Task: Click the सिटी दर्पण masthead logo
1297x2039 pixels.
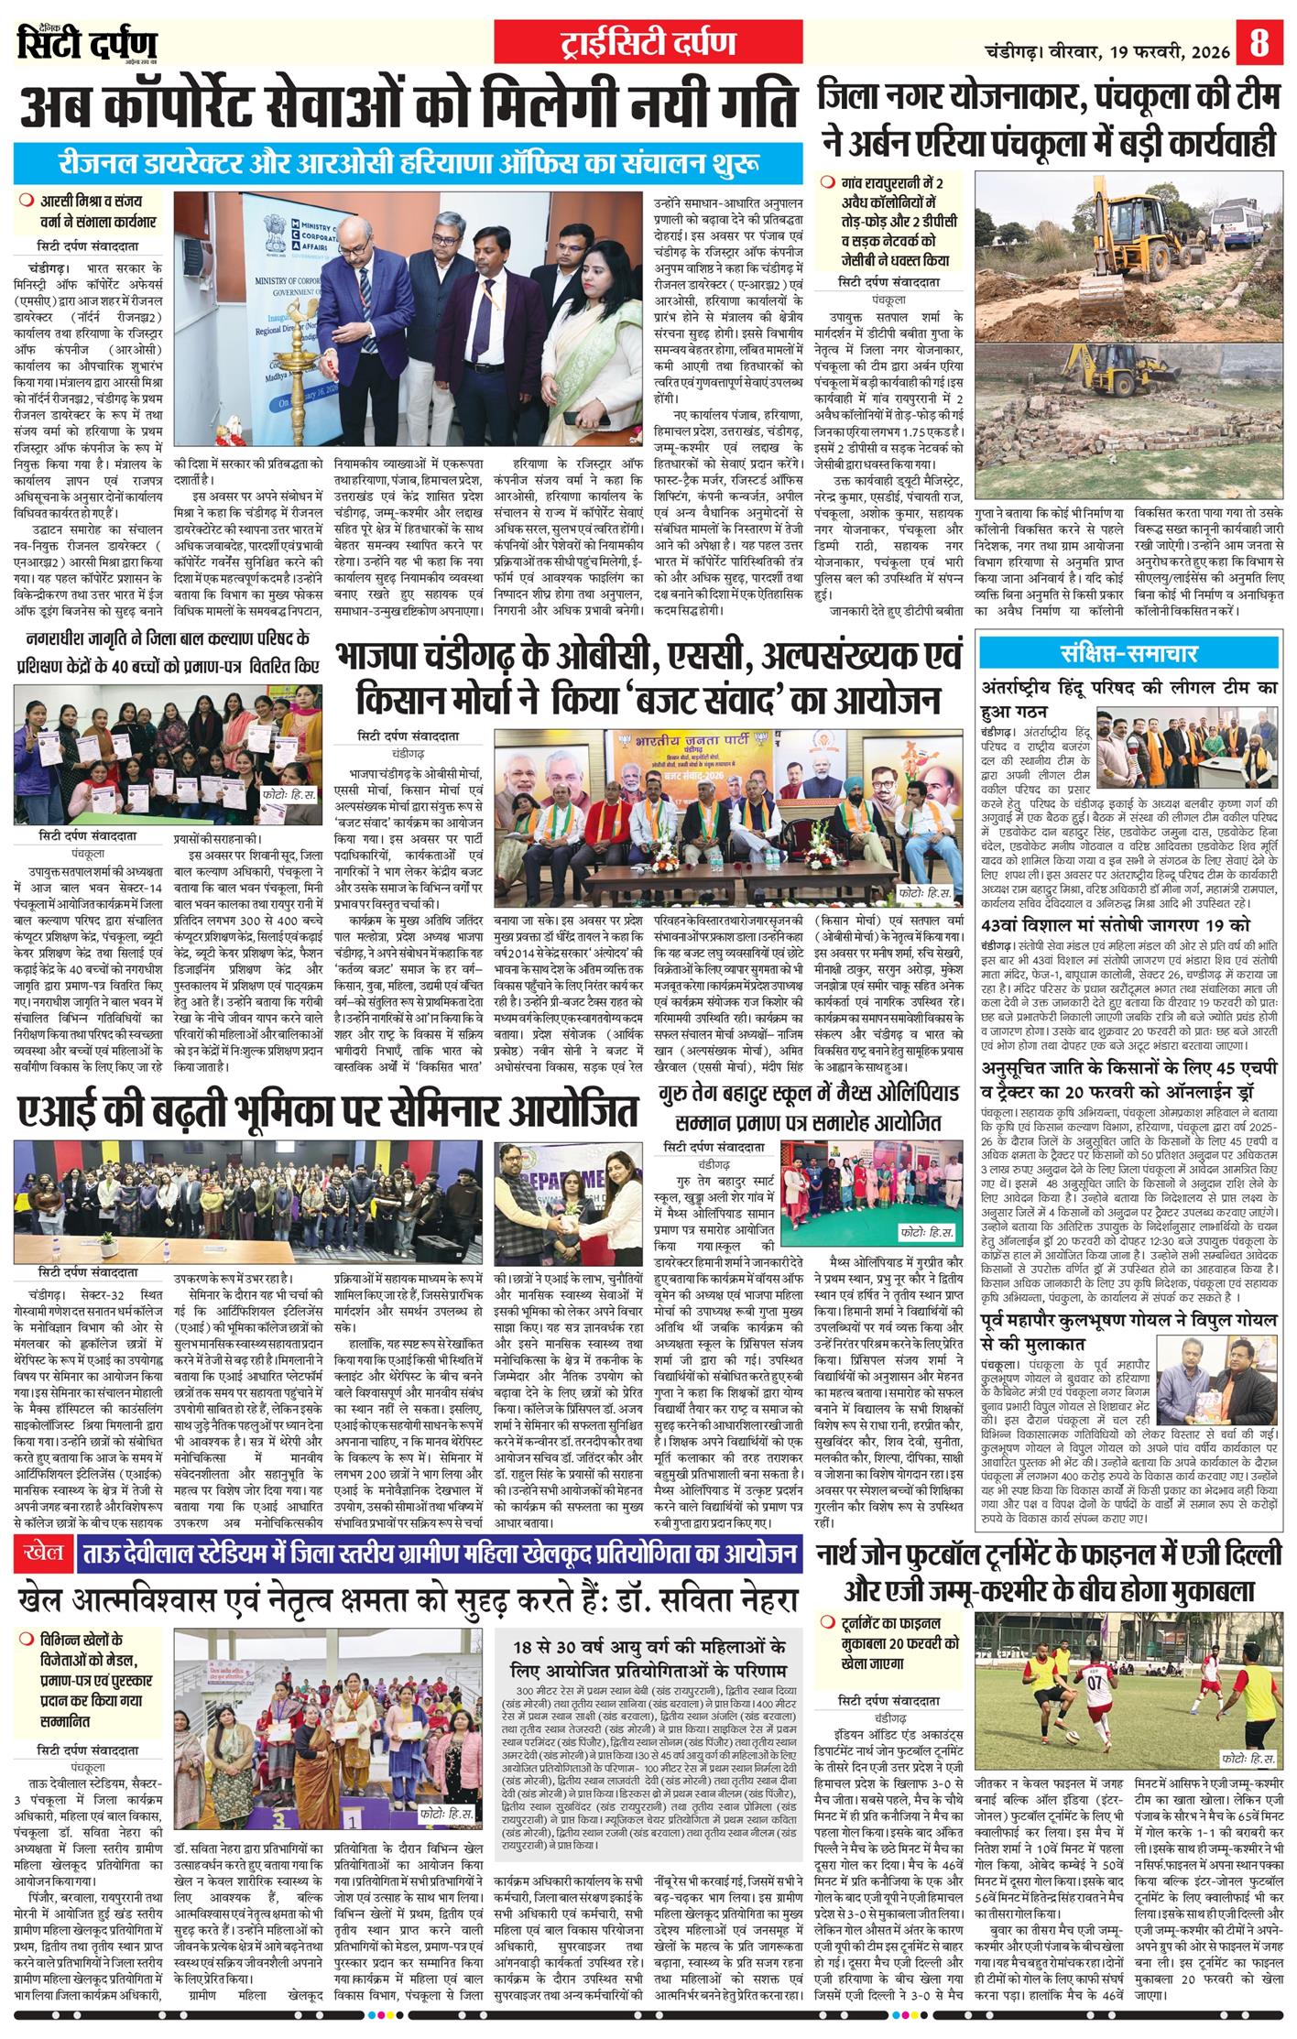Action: (87, 44)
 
